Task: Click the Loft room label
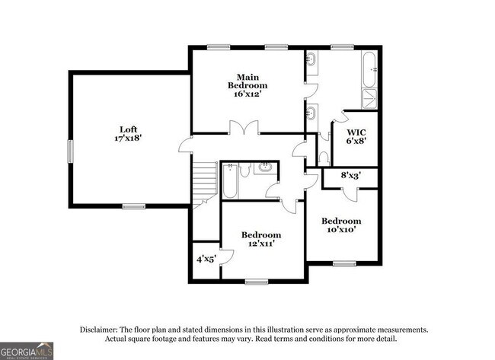[x=127, y=129]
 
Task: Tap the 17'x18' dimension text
[x=127, y=139]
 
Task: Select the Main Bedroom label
[x=246, y=81]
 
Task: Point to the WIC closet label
[x=356, y=130]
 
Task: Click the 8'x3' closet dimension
[x=350, y=176]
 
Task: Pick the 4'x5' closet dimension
[x=206, y=259]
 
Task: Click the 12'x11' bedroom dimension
[x=260, y=244]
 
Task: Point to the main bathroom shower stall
[x=369, y=98]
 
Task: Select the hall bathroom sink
[x=267, y=167]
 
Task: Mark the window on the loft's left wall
[x=69, y=150]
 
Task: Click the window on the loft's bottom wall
[x=134, y=205]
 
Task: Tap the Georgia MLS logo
[x=27, y=351]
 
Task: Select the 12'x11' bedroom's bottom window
[x=257, y=282]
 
